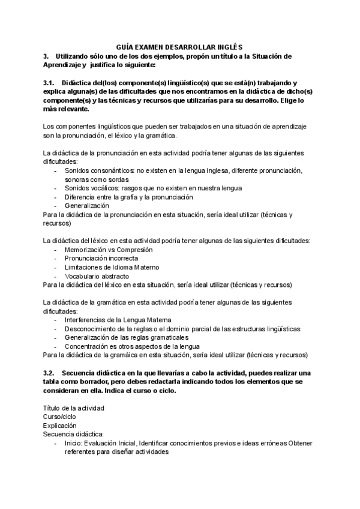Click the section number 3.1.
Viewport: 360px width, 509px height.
49,83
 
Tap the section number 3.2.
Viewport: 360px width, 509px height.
49,373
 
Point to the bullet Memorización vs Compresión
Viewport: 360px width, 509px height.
109,249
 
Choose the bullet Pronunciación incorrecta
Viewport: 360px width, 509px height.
97,258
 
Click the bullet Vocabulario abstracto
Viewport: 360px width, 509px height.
97,276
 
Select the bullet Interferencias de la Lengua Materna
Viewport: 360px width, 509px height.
118,320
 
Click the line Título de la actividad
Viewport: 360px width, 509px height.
74,408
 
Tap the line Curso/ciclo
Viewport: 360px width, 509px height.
60,417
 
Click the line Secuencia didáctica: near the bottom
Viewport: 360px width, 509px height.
73,434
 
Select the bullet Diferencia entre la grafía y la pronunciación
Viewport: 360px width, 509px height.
128,197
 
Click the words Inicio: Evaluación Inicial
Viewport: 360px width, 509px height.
100,443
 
